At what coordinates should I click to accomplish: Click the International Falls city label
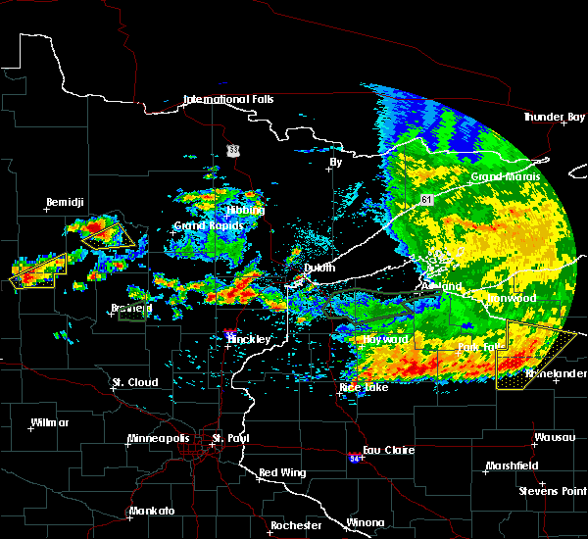pyautogui.click(x=228, y=99)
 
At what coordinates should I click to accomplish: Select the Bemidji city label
pyautogui.click(x=67, y=203)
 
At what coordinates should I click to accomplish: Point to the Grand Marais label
pyautogui.click(x=501, y=176)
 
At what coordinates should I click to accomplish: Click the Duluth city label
pyautogui.click(x=318, y=267)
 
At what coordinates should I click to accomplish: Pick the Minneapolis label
pyautogui.click(x=164, y=438)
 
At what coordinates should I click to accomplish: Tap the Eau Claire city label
pyautogui.click(x=388, y=450)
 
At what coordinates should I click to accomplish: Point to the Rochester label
pyautogui.click(x=296, y=525)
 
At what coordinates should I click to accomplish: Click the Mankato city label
pyautogui.click(x=152, y=512)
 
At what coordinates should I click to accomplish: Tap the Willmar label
pyautogui.click(x=50, y=422)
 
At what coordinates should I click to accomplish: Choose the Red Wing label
pyautogui.click(x=280, y=473)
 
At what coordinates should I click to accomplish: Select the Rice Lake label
pyautogui.click(x=363, y=387)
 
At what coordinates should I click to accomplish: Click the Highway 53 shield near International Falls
pyautogui.click(x=232, y=150)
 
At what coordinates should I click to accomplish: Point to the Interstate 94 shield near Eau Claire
pyautogui.click(x=354, y=457)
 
